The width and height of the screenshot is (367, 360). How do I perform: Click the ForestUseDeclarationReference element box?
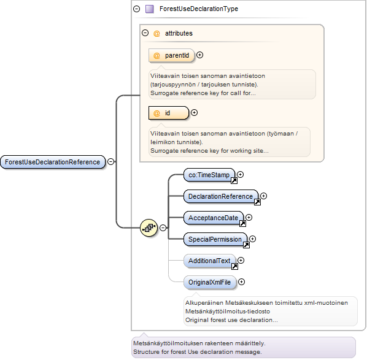point(53,162)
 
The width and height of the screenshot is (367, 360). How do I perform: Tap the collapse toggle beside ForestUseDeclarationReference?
point(110,162)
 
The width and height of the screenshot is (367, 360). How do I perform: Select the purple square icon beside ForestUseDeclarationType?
point(150,9)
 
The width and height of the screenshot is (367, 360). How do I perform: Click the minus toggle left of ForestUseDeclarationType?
point(136,9)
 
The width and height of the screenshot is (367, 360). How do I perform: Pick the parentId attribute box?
point(172,55)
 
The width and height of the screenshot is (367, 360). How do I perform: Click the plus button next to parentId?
point(199,55)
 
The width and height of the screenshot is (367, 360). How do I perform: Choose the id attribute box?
point(169,113)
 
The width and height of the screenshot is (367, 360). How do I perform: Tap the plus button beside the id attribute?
point(194,113)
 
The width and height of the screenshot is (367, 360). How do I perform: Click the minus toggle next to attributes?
point(145,33)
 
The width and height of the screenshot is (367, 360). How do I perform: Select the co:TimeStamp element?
point(209,175)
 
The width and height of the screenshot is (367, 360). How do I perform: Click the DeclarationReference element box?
point(221,196)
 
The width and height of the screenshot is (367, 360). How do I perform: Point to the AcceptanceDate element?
point(214,218)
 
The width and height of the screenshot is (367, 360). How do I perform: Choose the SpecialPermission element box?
point(215,239)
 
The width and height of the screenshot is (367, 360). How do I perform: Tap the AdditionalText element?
point(209,261)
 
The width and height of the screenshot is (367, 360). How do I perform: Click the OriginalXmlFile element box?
point(210,282)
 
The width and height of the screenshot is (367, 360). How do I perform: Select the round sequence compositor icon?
point(149,228)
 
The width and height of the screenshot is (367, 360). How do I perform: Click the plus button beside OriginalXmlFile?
point(241,282)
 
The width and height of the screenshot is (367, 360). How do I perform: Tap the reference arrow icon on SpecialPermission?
point(246,245)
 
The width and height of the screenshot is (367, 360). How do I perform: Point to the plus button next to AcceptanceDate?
point(249,217)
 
